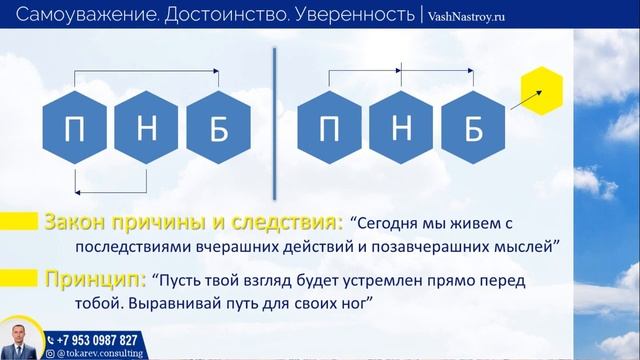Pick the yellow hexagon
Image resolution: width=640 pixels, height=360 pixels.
pyautogui.click(x=542, y=92)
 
